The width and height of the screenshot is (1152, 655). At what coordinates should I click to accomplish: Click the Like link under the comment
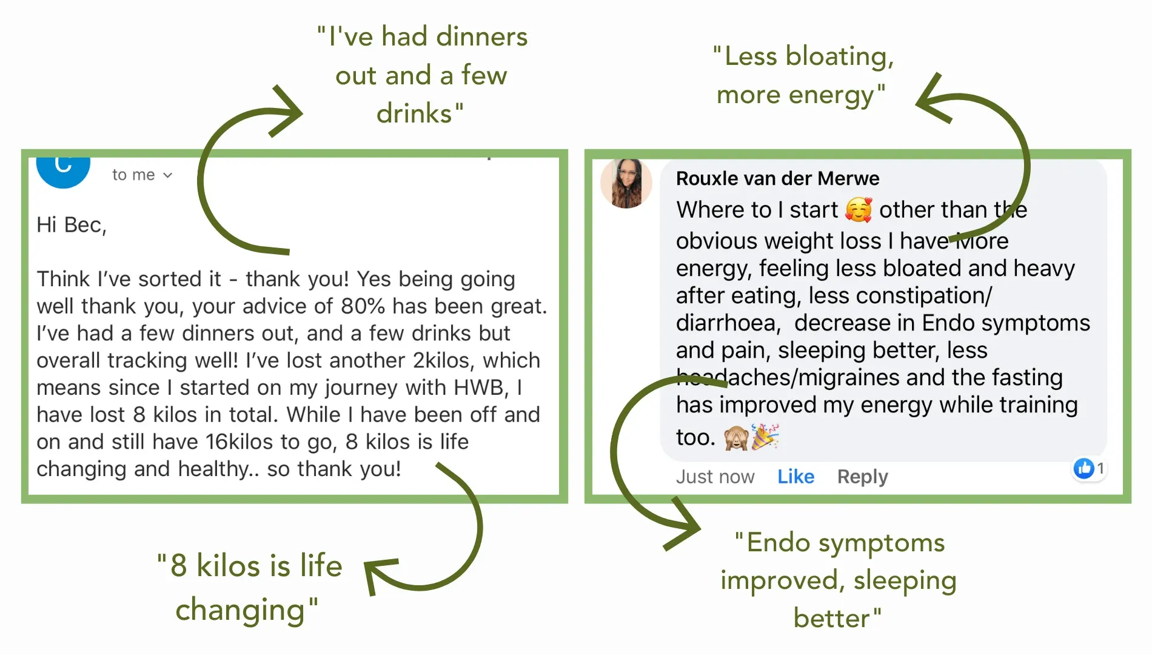(795, 477)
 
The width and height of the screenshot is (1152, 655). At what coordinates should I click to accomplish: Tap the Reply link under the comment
(862, 477)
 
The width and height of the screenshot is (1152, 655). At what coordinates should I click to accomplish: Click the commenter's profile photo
(626, 183)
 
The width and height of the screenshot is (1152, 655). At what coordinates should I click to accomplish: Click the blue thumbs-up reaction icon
(1083, 468)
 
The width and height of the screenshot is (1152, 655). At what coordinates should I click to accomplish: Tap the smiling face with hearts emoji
(859, 210)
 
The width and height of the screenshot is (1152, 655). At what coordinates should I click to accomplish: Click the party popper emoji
(765, 437)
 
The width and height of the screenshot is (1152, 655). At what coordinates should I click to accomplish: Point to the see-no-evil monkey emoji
(736, 437)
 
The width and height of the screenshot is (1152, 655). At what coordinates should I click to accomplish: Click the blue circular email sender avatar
(63, 169)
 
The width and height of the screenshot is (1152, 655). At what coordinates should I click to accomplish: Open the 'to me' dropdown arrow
(168, 175)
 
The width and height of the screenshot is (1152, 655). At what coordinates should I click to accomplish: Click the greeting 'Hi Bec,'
(71, 225)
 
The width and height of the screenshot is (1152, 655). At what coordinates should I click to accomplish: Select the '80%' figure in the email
(363, 306)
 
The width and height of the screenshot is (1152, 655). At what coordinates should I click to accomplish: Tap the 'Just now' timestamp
(715, 477)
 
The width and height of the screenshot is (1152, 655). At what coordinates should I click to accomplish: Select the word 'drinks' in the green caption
(415, 113)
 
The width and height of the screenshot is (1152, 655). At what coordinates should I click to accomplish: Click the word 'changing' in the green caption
(240, 610)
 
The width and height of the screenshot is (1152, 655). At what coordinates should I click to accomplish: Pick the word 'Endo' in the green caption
(779, 542)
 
